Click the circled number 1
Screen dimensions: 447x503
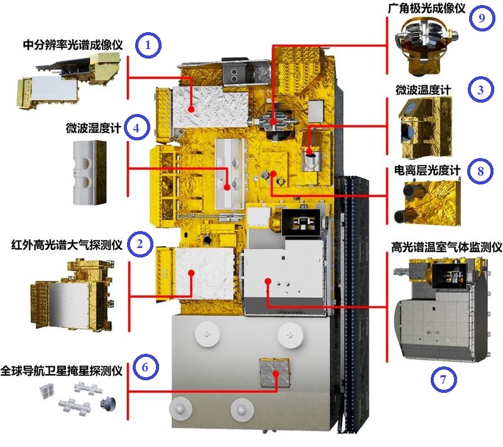click(148, 45)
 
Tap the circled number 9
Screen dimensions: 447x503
click(481, 18)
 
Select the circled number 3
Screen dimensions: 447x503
click(481, 89)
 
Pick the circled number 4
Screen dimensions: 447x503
click(136, 128)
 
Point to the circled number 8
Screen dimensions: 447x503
click(480, 171)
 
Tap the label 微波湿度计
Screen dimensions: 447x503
click(93, 128)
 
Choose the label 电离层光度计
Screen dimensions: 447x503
click(428, 171)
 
